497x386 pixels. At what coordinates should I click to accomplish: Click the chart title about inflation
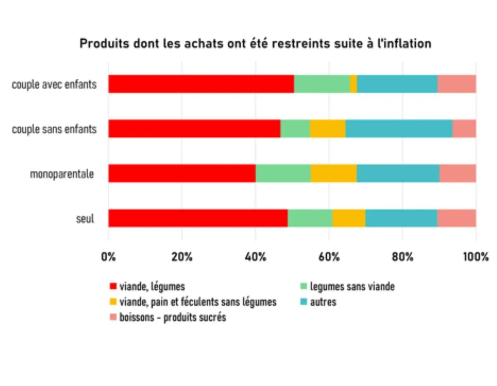point(255,43)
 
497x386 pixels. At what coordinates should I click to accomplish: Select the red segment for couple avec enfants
point(201,84)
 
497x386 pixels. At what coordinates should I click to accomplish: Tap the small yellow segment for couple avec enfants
point(353,84)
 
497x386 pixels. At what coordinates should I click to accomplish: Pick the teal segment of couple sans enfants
point(398,129)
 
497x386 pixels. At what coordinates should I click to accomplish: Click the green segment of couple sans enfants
point(295,129)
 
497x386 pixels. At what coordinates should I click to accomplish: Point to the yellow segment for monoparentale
point(333,173)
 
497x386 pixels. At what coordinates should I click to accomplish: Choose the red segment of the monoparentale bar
point(182,173)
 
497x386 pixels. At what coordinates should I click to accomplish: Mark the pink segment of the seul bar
point(456,218)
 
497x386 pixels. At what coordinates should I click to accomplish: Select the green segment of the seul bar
point(310,218)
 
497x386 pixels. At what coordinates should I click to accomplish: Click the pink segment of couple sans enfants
point(464,129)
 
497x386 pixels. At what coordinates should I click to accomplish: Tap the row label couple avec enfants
point(54,85)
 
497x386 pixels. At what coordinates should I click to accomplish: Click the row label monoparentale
point(62,174)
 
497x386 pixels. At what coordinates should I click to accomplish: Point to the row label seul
point(85,218)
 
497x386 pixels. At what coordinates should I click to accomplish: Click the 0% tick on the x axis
point(109,257)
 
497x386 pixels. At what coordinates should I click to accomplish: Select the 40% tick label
point(255,257)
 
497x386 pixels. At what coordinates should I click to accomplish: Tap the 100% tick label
point(475,257)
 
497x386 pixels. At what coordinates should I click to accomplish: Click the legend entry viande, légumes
point(152,286)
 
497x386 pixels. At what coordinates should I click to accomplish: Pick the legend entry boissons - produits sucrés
point(172,318)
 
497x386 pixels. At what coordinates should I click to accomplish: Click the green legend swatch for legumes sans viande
point(303,286)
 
